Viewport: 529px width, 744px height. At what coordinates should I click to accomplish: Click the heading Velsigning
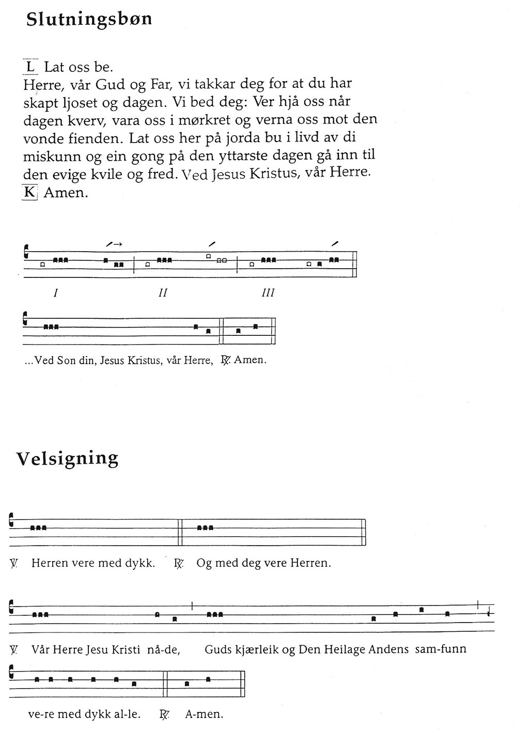coord(67,458)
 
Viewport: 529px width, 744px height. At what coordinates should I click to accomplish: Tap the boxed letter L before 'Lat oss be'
coord(30,67)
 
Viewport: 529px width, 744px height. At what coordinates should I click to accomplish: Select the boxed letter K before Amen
coord(30,192)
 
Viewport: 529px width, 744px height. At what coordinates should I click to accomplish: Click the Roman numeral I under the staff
coord(55,293)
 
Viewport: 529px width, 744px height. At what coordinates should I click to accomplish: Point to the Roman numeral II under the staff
coord(163,293)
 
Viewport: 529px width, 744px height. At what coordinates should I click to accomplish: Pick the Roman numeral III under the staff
coord(268,293)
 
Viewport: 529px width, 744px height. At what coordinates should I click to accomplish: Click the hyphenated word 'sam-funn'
coord(441,649)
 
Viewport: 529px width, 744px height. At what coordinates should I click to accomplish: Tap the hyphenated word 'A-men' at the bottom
coord(204,715)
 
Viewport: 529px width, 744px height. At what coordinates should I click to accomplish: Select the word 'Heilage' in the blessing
coord(347,649)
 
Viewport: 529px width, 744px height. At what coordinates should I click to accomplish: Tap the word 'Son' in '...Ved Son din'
coord(67,360)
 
